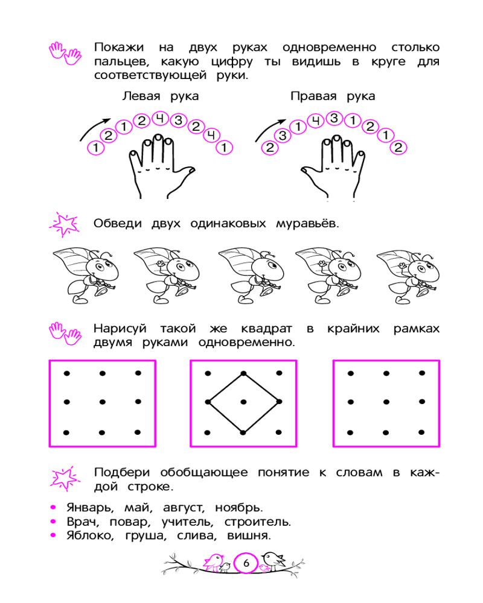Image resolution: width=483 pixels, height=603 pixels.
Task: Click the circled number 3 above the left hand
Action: pyautogui.click(x=178, y=121)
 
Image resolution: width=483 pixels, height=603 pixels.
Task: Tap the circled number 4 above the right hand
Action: pyautogui.click(x=316, y=121)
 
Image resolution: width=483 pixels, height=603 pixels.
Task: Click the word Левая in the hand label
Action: pyautogui.click(x=141, y=96)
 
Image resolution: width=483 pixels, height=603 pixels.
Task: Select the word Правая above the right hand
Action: pyautogui.click(x=313, y=96)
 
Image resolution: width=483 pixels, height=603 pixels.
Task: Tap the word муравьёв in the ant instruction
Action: pyautogui.click(x=307, y=224)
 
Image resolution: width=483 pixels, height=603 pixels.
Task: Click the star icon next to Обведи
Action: pyautogui.click(x=65, y=224)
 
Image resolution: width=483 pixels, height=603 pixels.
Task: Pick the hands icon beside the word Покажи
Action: pyautogui.click(x=65, y=53)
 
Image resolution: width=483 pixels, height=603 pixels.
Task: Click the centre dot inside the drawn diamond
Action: pyautogui.click(x=243, y=402)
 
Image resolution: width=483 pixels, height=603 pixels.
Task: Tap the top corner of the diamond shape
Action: pyautogui.click(x=243, y=373)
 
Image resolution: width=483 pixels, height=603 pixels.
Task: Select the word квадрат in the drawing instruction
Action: pyautogui.click(x=266, y=329)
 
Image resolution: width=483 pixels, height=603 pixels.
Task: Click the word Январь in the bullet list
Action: pyautogui.click(x=90, y=508)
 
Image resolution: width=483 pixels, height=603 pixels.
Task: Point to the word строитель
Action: pyautogui.click(x=258, y=522)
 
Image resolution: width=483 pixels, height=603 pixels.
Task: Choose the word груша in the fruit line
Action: pyautogui.click(x=146, y=535)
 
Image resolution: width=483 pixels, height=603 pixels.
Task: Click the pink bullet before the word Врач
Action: pyautogui.click(x=53, y=522)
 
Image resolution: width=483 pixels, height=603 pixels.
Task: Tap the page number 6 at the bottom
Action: pyautogui.click(x=246, y=563)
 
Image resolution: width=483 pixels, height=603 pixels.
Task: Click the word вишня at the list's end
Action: pyautogui.click(x=249, y=535)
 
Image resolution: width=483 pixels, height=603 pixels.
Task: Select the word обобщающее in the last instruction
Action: pyautogui.click(x=203, y=472)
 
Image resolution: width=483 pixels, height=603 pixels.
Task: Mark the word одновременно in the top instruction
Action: pyautogui.click(x=329, y=47)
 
